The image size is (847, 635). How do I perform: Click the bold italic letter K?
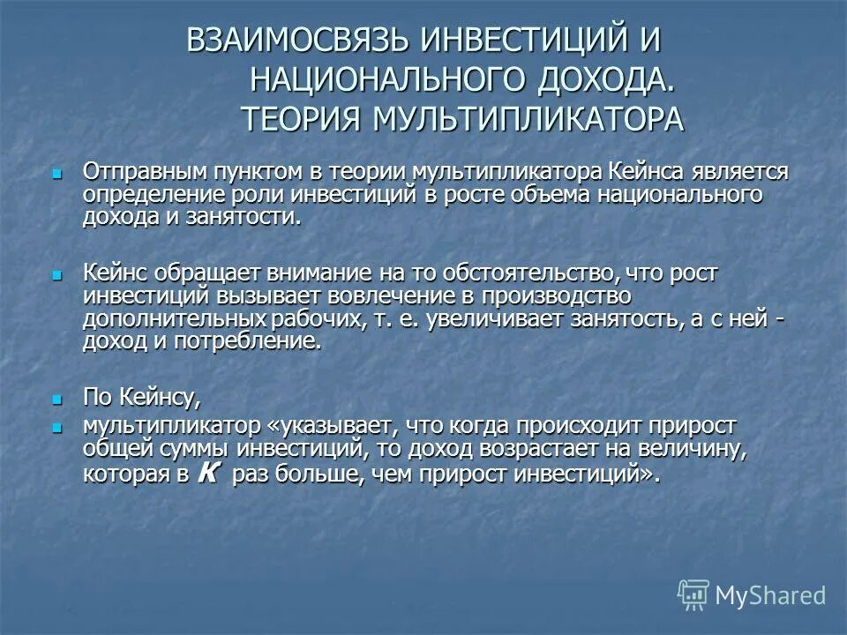click(x=208, y=473)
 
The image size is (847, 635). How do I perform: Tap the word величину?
click(x=686, y=449)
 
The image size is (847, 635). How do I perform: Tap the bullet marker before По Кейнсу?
click(x=58, y=399)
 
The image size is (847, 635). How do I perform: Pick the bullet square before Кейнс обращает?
click(x=58, y=275)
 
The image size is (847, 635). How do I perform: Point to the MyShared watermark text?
click(x=771, y=595)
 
